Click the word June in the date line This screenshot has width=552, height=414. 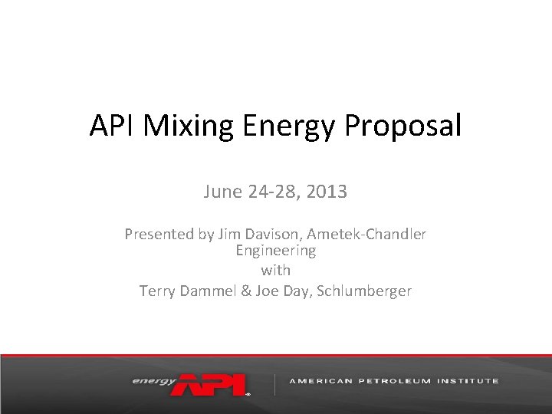pyautogui.click(x=223, y=192)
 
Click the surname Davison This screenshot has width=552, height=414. pyautogui.click(x=261, y=235)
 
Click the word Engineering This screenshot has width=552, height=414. pyautogui.click(x=275, y=251)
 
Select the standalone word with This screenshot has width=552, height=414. pyautogui.click(x=275, y=270)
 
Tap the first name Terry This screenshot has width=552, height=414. pyautogui.click(x=156, y=291)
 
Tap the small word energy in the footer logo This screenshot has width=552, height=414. pyautogui.click(x=153, y=380)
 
